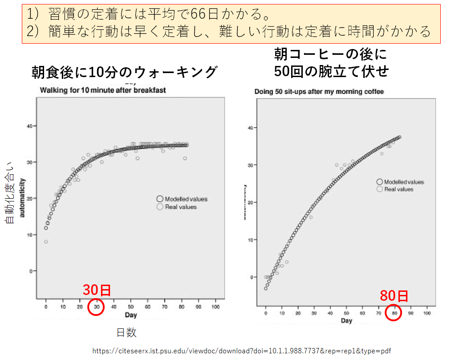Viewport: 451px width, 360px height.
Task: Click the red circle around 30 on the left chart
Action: [x=97, y=307]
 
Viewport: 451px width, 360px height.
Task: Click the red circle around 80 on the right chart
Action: [x=394, y=312]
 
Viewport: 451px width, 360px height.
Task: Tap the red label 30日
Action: [x=97, y=290]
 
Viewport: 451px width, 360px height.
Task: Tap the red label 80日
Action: [x=394, y=295]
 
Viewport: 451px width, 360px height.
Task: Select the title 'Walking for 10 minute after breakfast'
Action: [x=103, y=90]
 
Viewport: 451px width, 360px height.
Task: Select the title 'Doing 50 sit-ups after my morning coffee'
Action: [x=319, y=92]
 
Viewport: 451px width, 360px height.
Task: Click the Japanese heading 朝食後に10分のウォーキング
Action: [x=124, y=72]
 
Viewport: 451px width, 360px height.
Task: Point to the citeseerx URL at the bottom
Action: [x=242, y=351]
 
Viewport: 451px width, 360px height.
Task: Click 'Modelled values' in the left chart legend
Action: [x=186, y=199]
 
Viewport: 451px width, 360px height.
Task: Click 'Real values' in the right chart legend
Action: [x=398, y=189]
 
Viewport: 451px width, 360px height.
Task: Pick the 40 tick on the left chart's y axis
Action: [x=28, y=126]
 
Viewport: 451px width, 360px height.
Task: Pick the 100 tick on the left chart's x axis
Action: [x=215, y=307]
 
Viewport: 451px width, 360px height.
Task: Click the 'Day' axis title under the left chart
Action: [x=131, y=315]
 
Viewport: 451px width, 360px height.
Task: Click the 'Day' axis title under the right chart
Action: [x=346, y=320]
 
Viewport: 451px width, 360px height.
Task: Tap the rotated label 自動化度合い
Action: [x=9, y=192]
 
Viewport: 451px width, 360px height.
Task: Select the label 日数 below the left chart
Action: [x=126, y=332]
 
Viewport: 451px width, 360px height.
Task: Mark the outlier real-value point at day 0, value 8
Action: [x=46, y=242]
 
